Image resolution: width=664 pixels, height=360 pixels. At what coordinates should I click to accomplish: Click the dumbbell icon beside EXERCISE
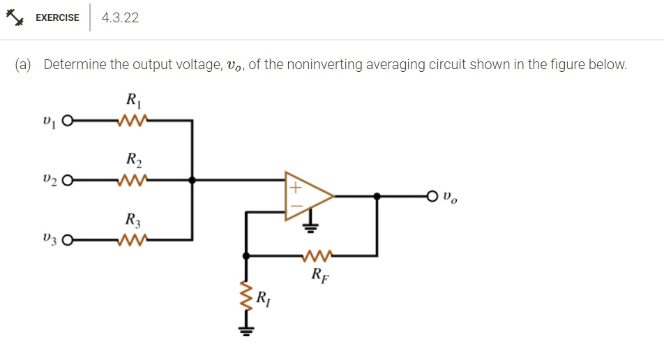17,17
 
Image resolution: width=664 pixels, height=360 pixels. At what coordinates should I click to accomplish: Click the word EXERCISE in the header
57,18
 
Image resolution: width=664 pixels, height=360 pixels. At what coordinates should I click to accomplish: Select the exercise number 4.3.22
120,18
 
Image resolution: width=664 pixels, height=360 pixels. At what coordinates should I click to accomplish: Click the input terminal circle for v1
67,121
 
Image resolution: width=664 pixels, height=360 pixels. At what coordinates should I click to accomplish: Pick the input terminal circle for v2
67,180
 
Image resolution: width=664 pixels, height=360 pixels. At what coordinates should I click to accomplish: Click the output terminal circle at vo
435,197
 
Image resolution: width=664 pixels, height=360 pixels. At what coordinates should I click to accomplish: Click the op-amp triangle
308,197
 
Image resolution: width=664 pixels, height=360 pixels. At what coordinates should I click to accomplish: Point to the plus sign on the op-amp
294,188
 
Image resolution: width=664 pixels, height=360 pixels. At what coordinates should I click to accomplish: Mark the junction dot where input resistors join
193,180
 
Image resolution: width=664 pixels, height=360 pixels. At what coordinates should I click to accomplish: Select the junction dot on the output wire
377,197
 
